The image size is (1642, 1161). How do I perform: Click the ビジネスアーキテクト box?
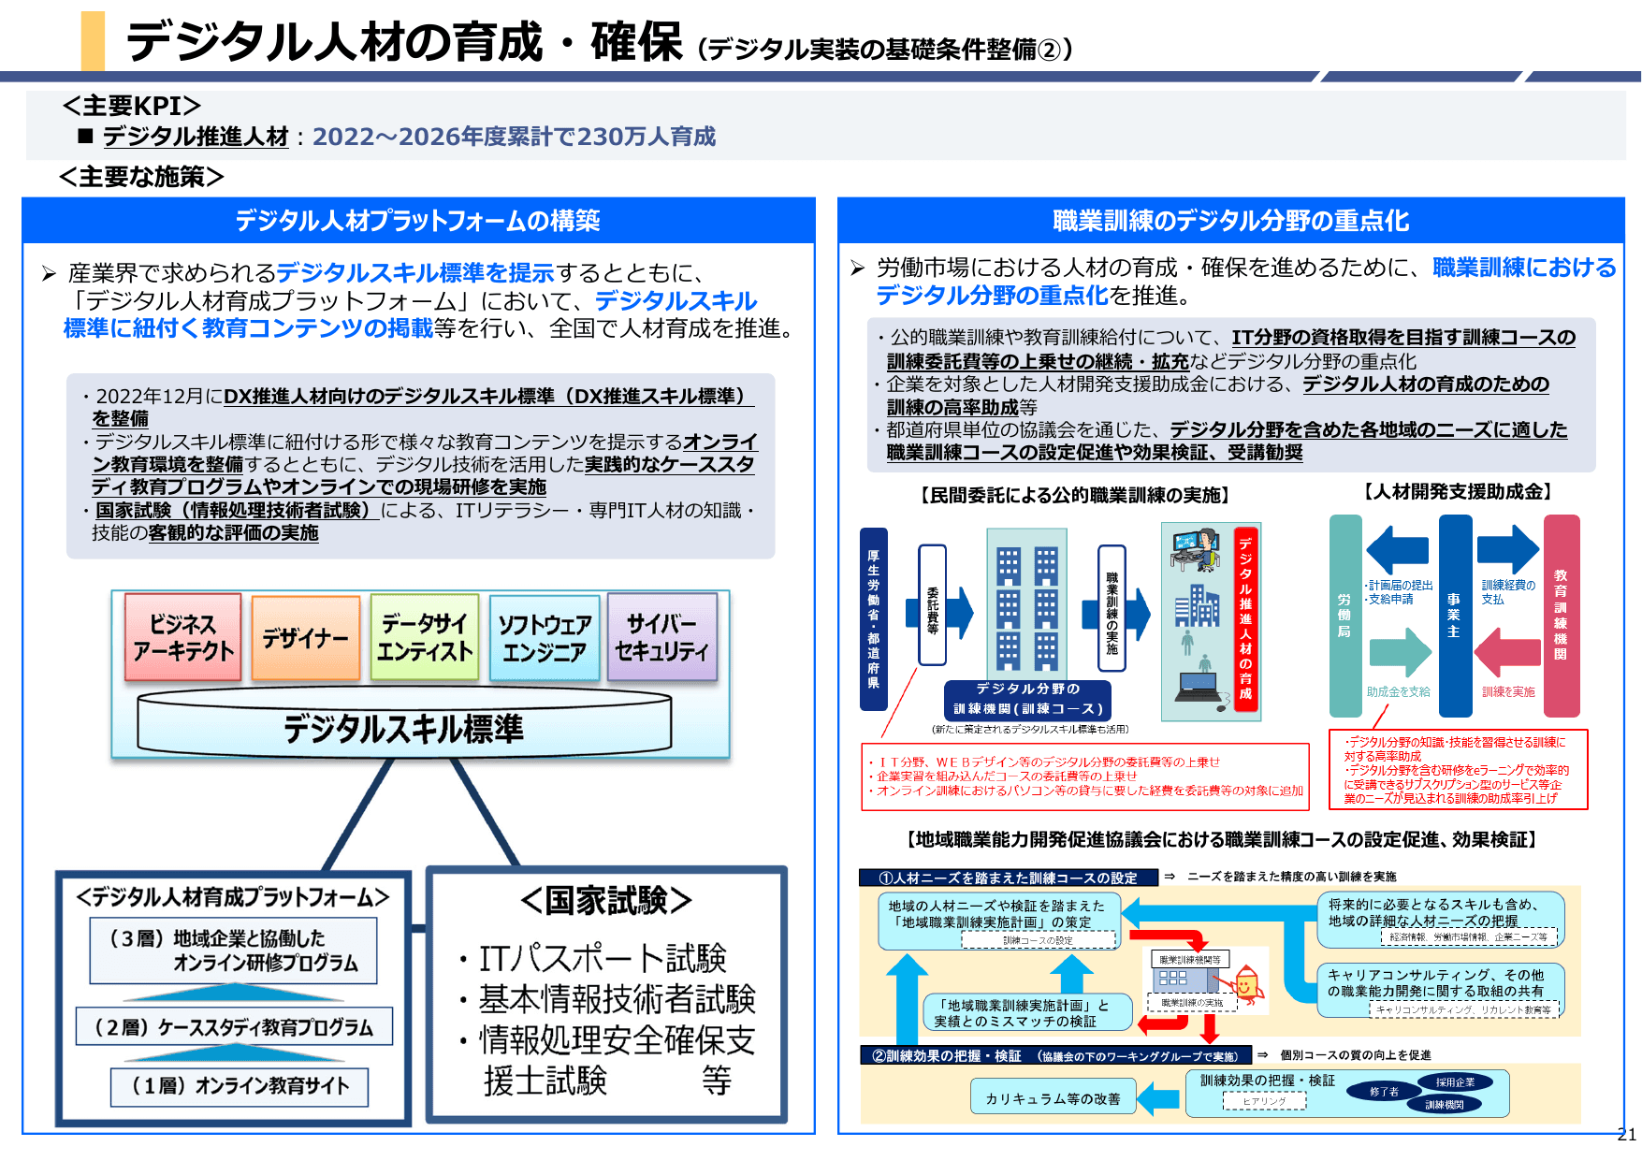(182, 638)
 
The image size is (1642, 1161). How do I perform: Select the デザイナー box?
(305, 638)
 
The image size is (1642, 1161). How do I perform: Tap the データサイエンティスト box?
(425, 638)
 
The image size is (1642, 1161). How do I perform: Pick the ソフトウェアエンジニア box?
(544, 638)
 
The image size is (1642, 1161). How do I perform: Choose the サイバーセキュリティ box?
(661, 638)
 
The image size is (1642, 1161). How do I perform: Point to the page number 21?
(1626, 1135)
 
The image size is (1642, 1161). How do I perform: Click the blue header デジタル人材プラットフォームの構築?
(417, 221)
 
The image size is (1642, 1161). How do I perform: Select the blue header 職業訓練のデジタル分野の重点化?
(1230, 221)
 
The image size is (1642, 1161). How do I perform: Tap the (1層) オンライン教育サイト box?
(240, 1086)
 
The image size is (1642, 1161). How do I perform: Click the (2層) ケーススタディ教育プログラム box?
(234, 1027)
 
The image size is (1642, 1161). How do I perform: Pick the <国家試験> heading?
(606, 900)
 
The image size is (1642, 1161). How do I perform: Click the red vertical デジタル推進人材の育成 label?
(1245, 618)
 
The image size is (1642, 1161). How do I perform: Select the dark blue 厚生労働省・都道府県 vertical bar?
(873, 618)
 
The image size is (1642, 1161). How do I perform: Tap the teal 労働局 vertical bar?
(1344, 616)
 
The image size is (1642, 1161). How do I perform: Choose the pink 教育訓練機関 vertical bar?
(1561, 616)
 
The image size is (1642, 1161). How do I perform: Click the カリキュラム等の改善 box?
(1053, 1098)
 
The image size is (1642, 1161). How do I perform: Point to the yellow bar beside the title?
(93, 40)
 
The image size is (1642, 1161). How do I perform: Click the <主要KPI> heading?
(131, 106)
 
